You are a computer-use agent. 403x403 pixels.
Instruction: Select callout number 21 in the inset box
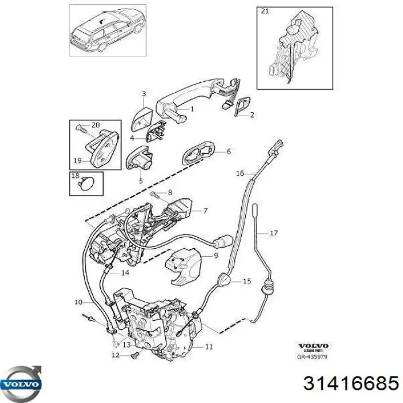265,11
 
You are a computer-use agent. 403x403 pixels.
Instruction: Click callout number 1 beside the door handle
192,108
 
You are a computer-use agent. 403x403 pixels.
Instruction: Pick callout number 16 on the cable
240,173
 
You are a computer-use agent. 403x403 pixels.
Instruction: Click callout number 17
273,233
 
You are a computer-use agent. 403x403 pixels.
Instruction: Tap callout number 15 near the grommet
247,281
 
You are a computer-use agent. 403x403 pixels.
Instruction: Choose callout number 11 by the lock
210,347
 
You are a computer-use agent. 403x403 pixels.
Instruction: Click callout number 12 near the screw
115,356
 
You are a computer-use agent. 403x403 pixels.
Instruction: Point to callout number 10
78,301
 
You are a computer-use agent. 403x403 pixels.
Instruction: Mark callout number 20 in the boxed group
96,125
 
